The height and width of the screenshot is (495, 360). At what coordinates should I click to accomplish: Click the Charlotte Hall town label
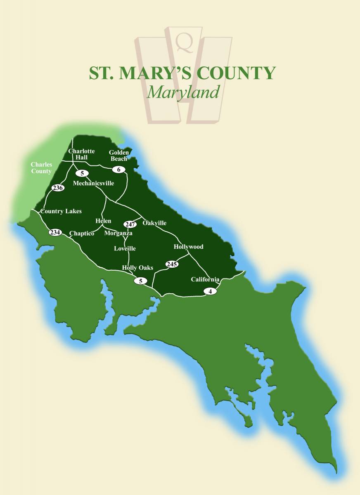point(81,154)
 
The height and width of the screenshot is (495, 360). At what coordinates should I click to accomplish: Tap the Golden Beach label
point(119,156)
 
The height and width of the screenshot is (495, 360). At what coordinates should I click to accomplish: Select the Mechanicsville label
point(93,183)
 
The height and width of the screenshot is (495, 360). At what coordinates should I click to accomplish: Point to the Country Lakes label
point(61,211)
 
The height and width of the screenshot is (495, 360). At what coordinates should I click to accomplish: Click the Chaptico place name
point(82,233)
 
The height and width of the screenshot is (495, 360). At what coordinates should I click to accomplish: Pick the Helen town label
point(103,221)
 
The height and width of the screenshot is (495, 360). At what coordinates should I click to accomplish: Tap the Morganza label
point(118,233)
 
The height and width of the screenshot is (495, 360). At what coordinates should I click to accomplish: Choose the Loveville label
point(125,248)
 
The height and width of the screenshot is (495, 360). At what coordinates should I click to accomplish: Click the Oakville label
point(154,223)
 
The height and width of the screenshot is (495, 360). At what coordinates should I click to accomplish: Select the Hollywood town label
point(188,247)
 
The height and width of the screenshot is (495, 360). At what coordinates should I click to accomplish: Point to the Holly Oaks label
point(137,268)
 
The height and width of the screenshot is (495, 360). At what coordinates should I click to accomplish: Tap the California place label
point(205,279)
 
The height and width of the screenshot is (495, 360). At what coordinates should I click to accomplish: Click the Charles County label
point(41,168)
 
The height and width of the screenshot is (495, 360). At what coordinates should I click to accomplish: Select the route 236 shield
point(58,188)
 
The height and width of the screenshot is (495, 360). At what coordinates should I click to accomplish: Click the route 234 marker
point(55,232)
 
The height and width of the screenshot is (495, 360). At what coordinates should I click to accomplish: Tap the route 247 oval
point(130,224)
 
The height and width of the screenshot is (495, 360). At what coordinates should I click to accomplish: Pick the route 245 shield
point(171,264)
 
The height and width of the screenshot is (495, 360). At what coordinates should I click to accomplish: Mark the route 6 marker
point(118,169)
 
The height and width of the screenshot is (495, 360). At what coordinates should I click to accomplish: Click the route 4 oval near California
point(210,291)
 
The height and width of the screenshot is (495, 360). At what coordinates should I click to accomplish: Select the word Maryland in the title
point(183,92)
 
